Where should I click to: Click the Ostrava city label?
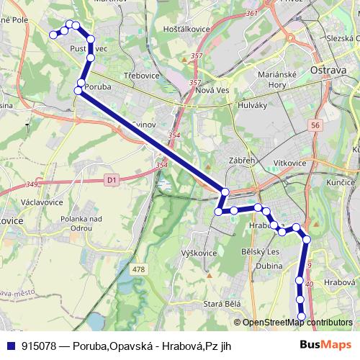click(328, 70)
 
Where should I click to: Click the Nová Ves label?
click(212, 91)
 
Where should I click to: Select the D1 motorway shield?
click(110, 179)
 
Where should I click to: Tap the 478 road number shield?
click(138, 269)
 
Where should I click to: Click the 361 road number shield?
click(251, 14)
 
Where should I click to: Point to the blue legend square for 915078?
click(10, 346)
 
